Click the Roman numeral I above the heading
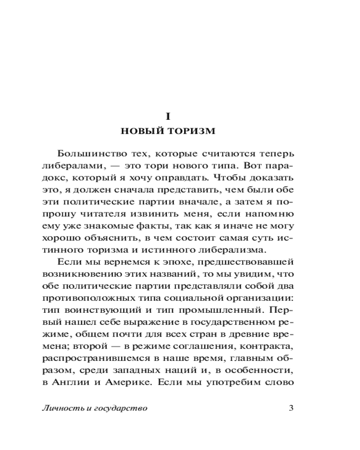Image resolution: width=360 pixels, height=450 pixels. tap(168, 116)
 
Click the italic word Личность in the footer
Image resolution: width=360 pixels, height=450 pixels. tap(60, 409)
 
